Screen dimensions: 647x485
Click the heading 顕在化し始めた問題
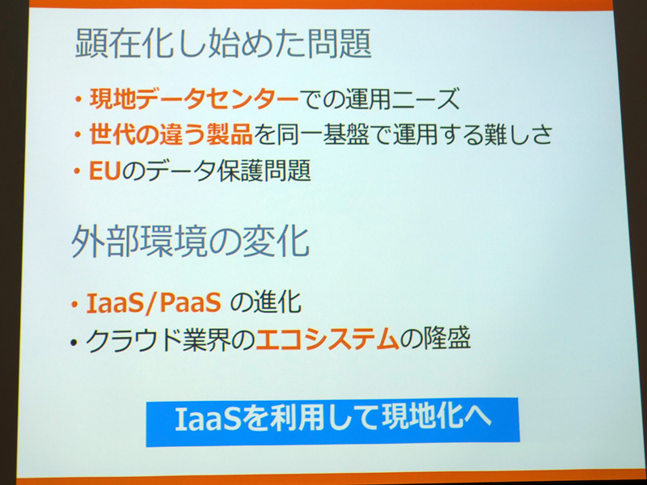click(x=223, y=44)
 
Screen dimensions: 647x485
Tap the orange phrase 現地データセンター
click(x=194, y=99)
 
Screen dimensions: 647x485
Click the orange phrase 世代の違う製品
click(x=171, y=135)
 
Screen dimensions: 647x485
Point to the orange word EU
click(x=104, y=171)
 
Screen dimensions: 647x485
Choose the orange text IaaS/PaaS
click(x=154, y=304)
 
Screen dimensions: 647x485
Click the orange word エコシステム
click(x=328, y=340)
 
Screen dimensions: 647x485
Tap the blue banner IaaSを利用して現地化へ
click(x=332, y=421)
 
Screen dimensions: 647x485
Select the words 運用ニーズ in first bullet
click(x=402, y=99)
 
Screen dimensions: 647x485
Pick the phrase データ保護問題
click(x=228, y=171)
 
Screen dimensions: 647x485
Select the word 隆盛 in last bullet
click(x=447, y=339)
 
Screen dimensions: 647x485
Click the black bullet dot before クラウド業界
click(x=74, y=342)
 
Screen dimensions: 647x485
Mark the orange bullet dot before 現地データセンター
click(x=78, y=99)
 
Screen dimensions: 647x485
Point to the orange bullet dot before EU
click(x=77, y=171)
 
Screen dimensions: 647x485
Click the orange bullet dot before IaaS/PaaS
click(x=74, y=305)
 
